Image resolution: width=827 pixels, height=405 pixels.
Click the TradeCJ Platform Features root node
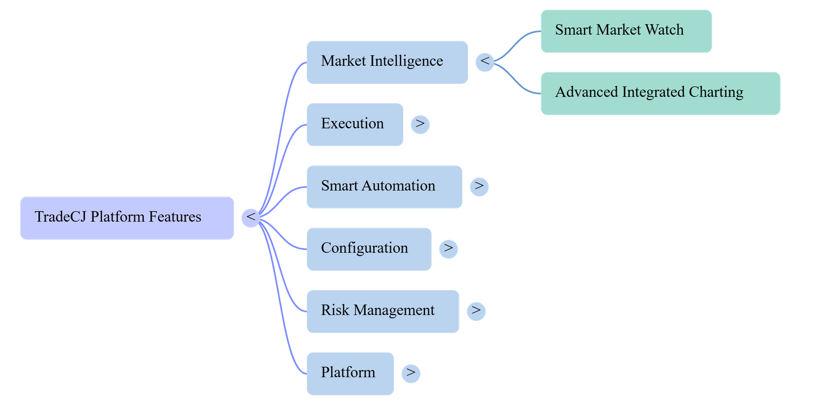(127, 218)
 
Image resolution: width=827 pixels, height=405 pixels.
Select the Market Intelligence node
(387, 63)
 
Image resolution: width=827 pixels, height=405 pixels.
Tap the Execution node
(355, 125)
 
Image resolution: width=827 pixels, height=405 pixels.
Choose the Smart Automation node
(385, 187)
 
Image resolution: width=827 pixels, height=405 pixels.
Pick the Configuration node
(369, 249)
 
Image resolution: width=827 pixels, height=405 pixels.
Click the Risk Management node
(383, 311)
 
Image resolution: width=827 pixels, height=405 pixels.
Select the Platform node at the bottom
(350, 373)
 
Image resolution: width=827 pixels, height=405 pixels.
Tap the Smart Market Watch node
(626, 31)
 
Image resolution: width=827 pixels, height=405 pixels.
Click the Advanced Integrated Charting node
(661, 94)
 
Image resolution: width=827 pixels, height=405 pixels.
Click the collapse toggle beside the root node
(251, 218)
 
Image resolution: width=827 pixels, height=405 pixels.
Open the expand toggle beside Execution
(420, 125)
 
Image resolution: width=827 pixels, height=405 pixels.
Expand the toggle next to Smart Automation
(479, 187)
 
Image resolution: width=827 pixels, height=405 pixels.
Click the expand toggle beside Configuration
(449, 249)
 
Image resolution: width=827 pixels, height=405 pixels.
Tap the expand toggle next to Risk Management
(476, 311)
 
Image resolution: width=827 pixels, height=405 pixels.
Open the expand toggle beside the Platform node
(411, 373)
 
